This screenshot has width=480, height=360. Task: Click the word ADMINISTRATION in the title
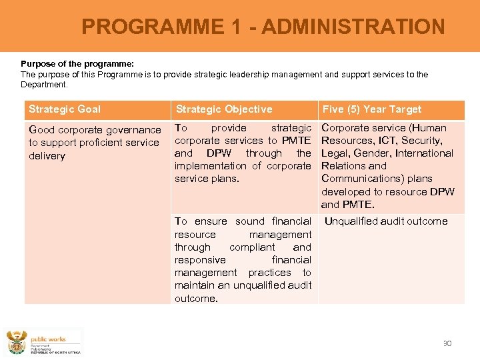pyautogui.click(x=353, y=27)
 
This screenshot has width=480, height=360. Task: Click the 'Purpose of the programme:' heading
pyautogui.click(x=77, y=64)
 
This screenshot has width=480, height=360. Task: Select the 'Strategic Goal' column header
pyautogui.click(x=65, y=109)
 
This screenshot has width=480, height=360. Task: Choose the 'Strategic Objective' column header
pyautogui.click(x=224, y=109)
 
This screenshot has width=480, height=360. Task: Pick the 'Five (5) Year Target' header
pyautogui.click(x=372, y=109)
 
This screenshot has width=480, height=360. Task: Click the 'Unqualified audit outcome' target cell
pyautogui.click(x=386, y=221)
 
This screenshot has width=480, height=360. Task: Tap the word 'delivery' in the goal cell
pyautogui.click(x=47, y=156)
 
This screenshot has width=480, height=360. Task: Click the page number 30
pyautogui.click(x=447, y=343)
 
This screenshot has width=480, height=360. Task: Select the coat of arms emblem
pyautogui.click(x=17, y=343)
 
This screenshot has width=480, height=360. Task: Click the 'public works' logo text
pyautogui.click(x=49, y=339)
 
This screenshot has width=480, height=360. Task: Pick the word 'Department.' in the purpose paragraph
pyautogui.click(x=44, y=85)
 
